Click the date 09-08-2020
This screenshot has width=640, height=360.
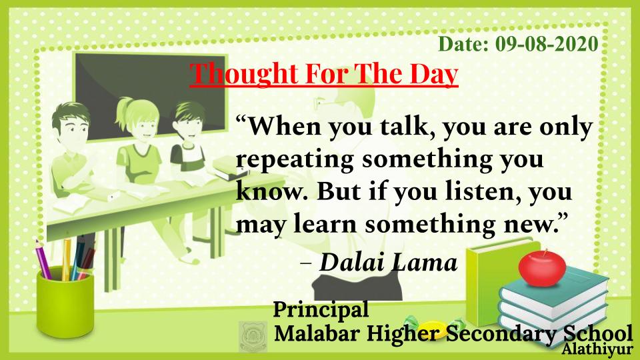click(x=547, y=44)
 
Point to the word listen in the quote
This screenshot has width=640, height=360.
click(x=483, y=191)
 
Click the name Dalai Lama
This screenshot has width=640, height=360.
click(x=388, y=262)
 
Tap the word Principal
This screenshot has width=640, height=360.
click(x=321, y=309)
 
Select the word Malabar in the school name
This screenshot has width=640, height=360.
click(x=317, y=333)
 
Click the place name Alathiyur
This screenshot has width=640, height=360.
click(x=596, y=350)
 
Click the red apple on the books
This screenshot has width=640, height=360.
click(x=542, y=268)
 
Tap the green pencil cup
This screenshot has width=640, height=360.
click(x=65, y=301)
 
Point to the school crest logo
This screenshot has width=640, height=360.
click(x=253, y=336)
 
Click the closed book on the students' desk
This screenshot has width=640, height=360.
click(x=229, y=169)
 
